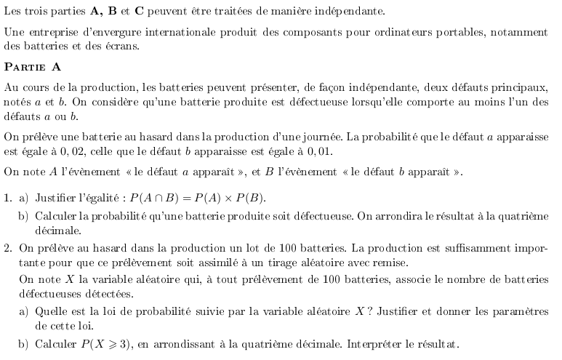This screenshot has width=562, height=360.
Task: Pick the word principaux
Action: [517, 87]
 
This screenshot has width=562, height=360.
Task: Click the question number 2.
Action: [7, 249]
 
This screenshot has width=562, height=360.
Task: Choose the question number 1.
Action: [7, 198]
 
